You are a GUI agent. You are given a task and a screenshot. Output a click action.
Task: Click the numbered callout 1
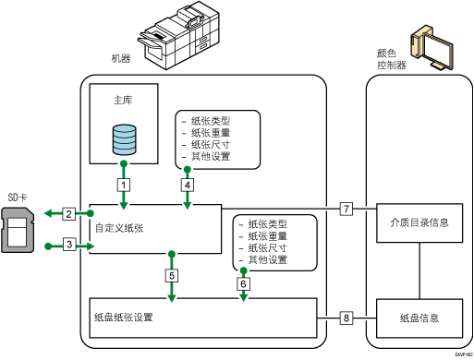click(122, 184)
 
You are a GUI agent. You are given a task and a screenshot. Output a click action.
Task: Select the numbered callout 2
click(69, 214)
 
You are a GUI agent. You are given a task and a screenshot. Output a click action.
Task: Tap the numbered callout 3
click(69, 244)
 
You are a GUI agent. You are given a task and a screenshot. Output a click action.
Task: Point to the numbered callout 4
click(188, 184)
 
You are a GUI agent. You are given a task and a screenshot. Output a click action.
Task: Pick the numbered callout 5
click(171, 274)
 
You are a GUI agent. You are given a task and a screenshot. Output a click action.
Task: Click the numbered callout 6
click(243, 284)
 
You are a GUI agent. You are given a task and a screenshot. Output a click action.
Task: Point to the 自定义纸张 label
click(119, 227)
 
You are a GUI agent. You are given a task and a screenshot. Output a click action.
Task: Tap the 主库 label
click(122, 99)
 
